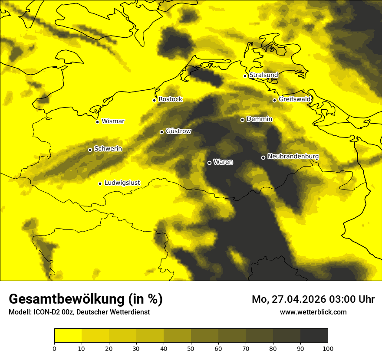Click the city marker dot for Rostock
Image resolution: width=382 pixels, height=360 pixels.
154,100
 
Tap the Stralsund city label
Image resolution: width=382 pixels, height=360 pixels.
263,75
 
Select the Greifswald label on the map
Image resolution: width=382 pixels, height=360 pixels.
295,99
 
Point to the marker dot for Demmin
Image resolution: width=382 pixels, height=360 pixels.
242,120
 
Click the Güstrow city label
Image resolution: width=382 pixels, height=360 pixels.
178,131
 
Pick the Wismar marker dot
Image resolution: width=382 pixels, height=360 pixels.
97,122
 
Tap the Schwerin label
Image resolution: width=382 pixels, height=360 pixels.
108,149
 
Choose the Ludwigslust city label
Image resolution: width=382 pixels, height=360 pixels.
122,183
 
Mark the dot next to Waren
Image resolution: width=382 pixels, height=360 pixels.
209,163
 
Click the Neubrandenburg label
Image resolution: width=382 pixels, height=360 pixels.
293,157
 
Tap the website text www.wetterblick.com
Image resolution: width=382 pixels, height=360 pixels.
313,312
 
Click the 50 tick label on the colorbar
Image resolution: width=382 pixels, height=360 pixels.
191,348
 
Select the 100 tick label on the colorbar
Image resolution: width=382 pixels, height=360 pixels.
328,348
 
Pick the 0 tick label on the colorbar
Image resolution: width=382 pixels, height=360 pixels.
54,348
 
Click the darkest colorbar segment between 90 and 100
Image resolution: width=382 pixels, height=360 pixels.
314,336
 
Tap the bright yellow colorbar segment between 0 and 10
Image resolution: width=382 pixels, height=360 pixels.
68,336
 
